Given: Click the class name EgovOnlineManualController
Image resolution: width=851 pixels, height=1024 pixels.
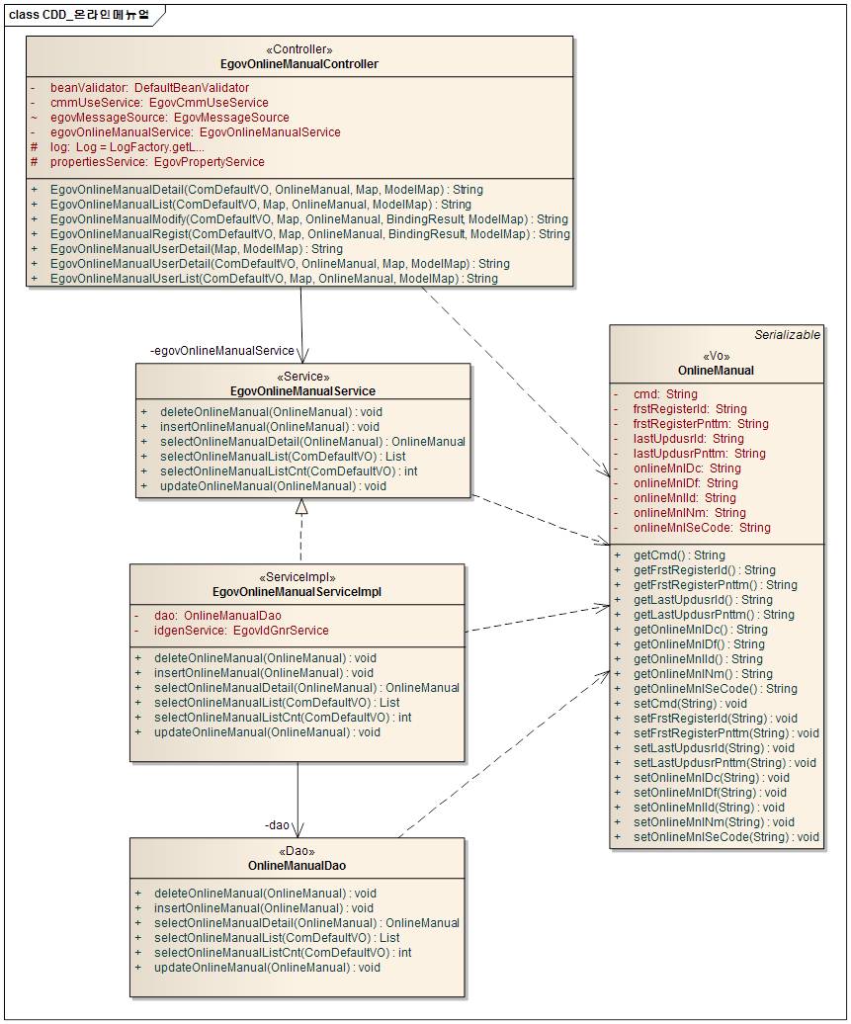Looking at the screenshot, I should (299, 64).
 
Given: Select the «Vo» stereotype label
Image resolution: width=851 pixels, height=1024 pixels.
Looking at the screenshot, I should (717, 356).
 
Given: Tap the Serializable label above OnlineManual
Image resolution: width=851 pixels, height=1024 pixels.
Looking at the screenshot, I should (787, 335).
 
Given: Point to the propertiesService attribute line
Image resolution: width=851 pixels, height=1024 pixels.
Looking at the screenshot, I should (157, 162).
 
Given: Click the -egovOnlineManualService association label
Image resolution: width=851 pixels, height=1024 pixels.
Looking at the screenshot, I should (221, 351).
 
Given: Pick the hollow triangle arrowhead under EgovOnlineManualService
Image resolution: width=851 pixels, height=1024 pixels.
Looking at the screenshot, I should (301, 507).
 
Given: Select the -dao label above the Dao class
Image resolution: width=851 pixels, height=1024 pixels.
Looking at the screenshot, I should (277, 824).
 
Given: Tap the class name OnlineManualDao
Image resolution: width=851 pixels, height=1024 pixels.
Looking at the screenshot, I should (297, 866).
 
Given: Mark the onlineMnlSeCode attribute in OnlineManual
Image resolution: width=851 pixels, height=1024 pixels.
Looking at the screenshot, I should (702, 528).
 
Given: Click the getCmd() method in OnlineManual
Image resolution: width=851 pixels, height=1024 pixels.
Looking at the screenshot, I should (679, 555).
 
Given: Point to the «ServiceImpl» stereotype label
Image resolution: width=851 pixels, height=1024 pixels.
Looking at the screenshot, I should (297, 577).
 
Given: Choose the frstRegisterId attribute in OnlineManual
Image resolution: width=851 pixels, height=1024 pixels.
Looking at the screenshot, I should (690, 409).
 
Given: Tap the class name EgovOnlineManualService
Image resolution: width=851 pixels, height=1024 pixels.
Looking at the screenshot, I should (302, 391).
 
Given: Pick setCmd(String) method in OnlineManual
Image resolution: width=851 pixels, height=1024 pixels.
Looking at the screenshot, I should (690, 704).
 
